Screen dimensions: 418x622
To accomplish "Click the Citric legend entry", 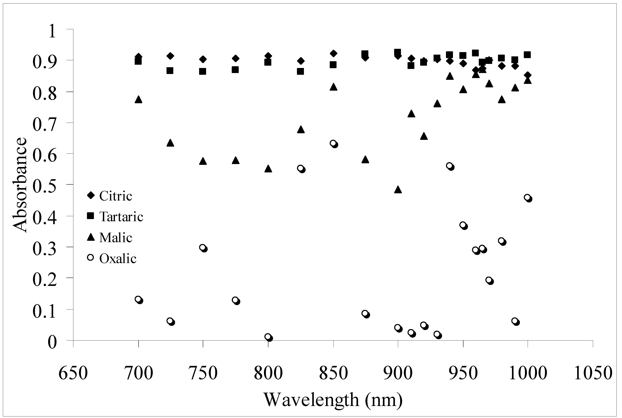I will click(x=109, y=196).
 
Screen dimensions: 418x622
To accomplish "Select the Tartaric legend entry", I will click(x=115, y=217).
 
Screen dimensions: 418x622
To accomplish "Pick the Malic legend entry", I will click(x=109, y=237).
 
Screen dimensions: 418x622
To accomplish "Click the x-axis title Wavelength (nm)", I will click(x=333, y=400).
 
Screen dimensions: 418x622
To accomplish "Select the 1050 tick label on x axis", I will click(x=593, y=373).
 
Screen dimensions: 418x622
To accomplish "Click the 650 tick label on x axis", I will click(x=73, y=373).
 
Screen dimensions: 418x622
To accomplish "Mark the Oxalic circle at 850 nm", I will click(x=334, y=144).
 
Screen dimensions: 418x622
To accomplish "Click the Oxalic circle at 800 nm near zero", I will click(x=269, y=337).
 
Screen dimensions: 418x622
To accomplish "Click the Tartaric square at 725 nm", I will click(x=170, y=71).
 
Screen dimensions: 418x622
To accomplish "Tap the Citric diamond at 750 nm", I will click(x=203, y=59).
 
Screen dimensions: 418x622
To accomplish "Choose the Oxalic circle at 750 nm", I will click(x=204, y=248).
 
